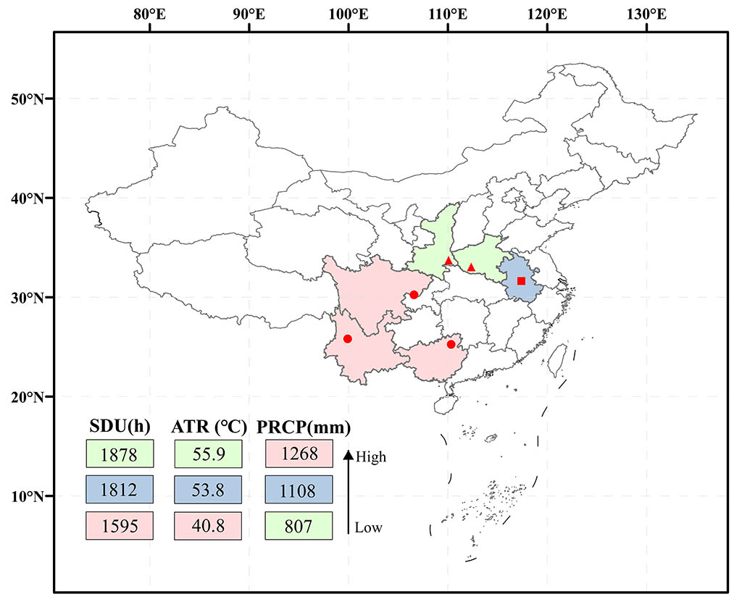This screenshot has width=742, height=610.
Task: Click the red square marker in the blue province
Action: [521, 280]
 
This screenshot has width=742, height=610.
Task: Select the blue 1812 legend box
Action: [119, 490]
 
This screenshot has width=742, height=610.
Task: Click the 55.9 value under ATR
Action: [209, 454]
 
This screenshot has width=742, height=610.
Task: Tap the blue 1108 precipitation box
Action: [299, 490]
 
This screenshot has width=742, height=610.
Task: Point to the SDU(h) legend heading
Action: [119, 426]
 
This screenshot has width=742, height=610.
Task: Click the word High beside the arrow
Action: [372, 457]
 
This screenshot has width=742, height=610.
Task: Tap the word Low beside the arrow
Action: [369, 527]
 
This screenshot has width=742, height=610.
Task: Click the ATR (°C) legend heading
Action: [209, 426]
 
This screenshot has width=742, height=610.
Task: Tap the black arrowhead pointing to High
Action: [348, 455]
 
